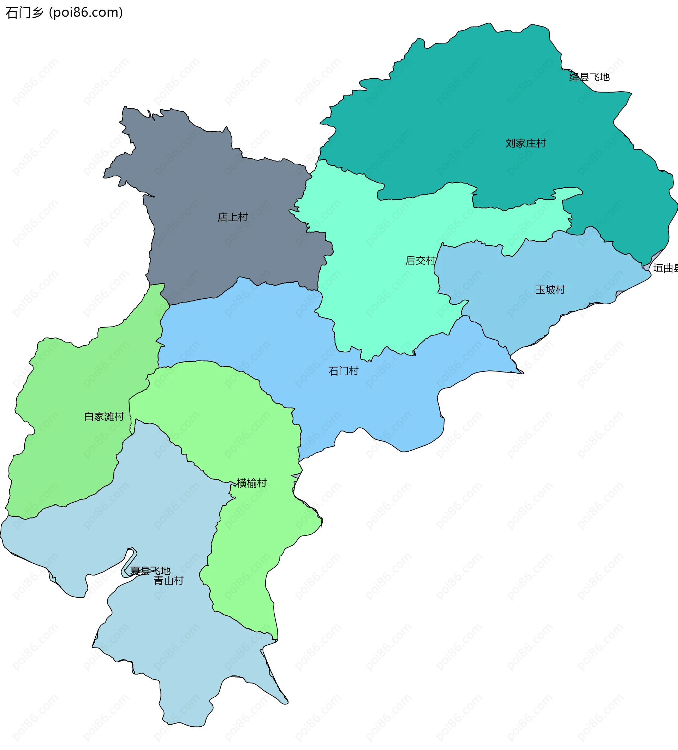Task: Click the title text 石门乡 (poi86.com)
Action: click(64, 13)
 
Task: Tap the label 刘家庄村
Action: click(525, 143)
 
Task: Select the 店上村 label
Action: click(233, 217)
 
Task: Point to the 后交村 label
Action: click(420, 260)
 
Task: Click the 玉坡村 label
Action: click(550, 289)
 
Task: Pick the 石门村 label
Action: click(344, 371)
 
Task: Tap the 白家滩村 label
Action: click(104, 416)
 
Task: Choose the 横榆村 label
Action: click(252, 483)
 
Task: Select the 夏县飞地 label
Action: click(150, 570)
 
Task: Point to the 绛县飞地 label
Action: click(589, 77)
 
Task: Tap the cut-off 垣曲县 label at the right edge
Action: click(665, 268)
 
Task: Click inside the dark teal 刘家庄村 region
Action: click(465, 112)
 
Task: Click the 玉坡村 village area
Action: click(521, 316)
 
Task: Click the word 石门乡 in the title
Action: click(24, 13)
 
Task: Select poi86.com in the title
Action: click(85, 13)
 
